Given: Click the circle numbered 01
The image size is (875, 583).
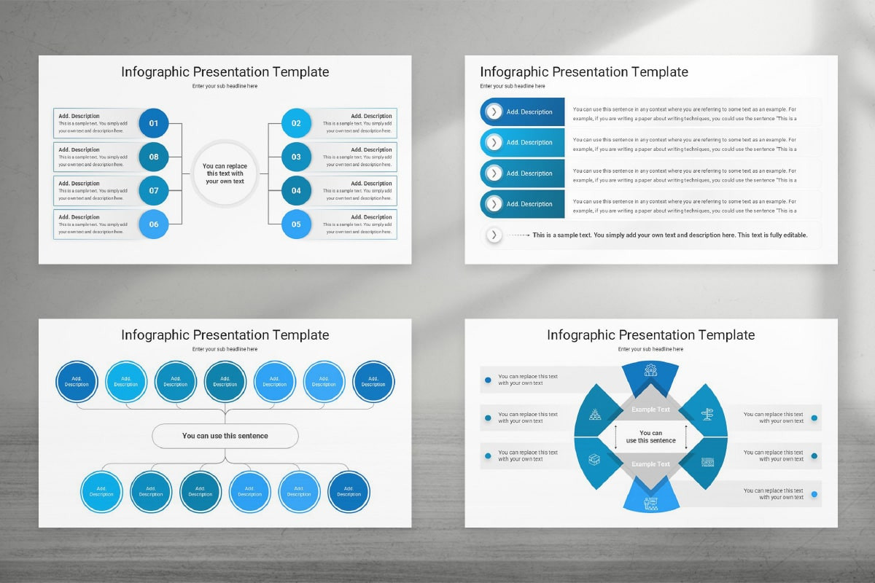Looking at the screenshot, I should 154,123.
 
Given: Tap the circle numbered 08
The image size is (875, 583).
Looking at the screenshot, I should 154,157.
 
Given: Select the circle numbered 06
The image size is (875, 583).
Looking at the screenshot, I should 154,224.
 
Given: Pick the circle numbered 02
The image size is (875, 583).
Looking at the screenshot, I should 296,123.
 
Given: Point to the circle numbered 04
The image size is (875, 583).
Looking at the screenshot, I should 296,191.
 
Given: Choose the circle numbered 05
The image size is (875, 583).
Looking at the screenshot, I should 296,224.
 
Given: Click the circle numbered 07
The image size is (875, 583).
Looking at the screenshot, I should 154,191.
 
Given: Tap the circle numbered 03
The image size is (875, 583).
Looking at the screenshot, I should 296,157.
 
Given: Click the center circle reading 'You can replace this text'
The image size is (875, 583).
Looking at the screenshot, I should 225,173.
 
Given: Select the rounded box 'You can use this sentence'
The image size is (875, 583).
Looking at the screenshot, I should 225,436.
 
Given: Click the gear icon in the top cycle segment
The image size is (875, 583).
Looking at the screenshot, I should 650,370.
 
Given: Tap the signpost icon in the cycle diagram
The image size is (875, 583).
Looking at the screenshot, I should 707,415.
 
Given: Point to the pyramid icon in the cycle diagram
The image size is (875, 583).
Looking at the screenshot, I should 595,415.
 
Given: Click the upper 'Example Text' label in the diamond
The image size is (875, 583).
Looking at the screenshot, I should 650,410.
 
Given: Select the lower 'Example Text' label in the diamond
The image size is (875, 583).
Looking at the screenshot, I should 650,464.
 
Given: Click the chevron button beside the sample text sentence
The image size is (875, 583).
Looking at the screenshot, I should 494,235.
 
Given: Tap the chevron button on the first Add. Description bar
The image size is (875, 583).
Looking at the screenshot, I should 494,111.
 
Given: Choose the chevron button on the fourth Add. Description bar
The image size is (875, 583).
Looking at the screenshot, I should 494,204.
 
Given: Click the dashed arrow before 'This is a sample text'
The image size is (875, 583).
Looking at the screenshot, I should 518,235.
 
